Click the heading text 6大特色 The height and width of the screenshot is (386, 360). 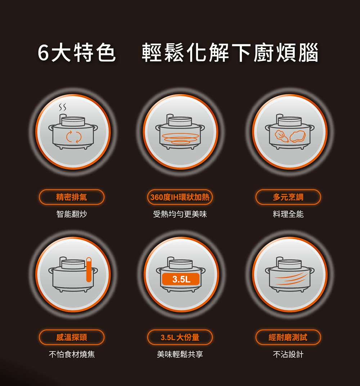coord(76,52)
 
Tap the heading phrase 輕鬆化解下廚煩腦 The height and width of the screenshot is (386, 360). coord(230,52)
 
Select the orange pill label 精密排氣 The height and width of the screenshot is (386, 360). coord(72,197)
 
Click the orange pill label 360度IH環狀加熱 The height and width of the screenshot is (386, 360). coord(180,197)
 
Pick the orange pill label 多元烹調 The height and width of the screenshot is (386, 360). coord(288,197)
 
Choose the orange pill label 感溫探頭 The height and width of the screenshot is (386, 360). coord(72,337)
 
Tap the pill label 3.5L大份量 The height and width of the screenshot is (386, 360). coord(180,337)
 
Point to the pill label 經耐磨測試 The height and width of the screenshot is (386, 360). coord(288,337)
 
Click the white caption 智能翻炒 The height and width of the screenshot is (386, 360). coord(72,214)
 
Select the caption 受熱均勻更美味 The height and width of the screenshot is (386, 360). coord(180,214)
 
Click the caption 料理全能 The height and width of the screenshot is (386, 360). coord(288,214)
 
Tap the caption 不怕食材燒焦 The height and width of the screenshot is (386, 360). coord(72,354)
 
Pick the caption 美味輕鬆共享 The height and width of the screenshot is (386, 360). coord(180,354)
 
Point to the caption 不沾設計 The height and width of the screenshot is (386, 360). coord(288,354)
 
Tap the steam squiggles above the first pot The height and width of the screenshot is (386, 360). coord(62,107)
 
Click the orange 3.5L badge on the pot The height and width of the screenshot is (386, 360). coord(181,279)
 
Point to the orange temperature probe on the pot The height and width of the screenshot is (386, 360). coord(89,270)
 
